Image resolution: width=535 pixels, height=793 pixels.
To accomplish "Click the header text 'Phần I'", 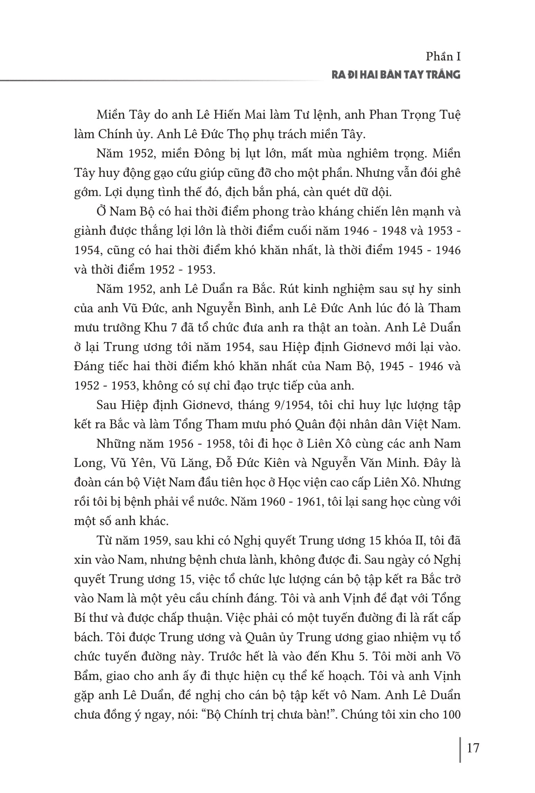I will [x=443, y=56].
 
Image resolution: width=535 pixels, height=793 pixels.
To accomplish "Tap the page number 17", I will [x=472, y=748].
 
